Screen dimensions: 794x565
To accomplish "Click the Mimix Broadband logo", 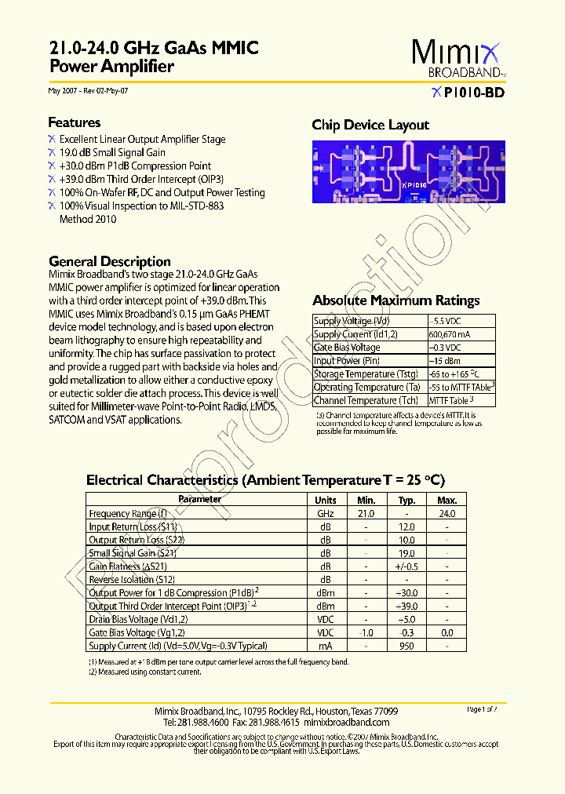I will tap(459, 59).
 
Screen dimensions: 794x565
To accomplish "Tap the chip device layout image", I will tap(403, 172).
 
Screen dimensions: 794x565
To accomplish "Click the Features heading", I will tap(75, 122).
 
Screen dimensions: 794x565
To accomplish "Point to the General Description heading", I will tap(109, 261).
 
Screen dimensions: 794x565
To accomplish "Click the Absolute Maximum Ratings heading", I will tap(395, 300).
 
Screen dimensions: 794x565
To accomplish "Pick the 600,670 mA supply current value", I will tap(450, 334).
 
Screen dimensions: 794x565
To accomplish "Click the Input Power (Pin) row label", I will tap(348, 361).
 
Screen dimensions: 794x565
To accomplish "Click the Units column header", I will tap(325, 500).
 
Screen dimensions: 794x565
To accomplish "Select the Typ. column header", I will tap(406, 500).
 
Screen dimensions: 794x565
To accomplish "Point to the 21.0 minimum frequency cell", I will tap(366, 513).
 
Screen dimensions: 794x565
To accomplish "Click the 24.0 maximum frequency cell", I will tap(447, 513).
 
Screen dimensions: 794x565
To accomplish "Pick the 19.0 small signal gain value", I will tap(406, 553).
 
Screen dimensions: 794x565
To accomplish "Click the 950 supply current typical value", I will tap(406, 646).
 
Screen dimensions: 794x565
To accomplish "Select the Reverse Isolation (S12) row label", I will tap(128, 579).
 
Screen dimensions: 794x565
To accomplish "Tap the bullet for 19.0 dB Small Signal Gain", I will tap(52, 153).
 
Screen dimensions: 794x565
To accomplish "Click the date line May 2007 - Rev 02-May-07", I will tap(88, 91).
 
